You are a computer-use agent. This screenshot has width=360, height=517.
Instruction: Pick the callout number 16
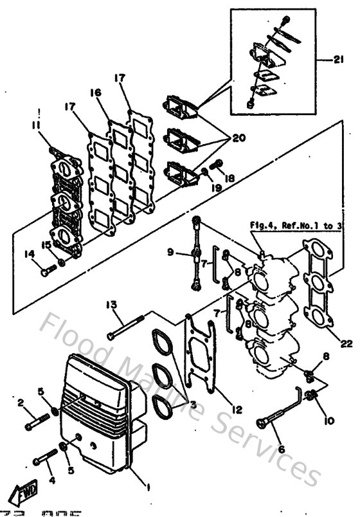96,94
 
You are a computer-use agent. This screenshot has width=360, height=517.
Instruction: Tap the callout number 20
239,138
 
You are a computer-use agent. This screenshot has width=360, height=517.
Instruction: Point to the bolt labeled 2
37,425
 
